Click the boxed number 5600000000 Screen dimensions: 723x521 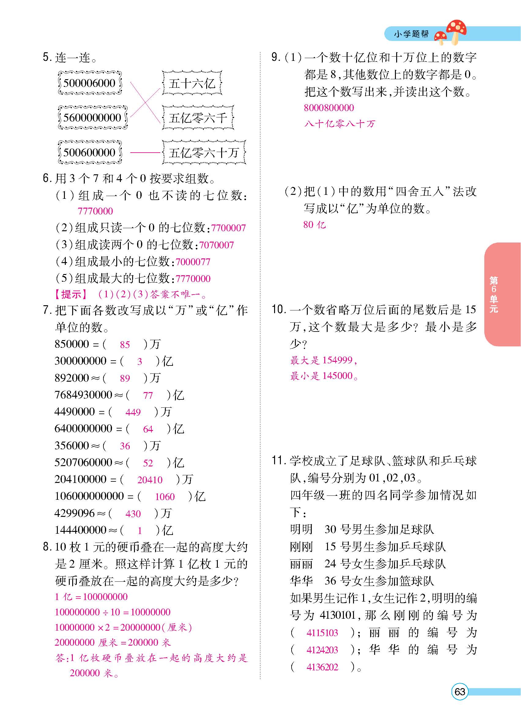(x=92, y=118)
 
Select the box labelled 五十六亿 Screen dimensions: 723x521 (x=192, y=83)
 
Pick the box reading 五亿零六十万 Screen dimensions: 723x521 (x=204, y=152)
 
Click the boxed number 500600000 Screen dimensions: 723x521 (x=89, y=152)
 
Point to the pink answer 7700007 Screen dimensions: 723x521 (x=228, y=228)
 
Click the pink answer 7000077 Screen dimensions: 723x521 (x=193, y=262)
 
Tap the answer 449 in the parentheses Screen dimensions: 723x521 (x=133, y=412)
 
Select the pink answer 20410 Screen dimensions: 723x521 (x=150, y=480)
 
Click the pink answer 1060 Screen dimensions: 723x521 (x=165, y=497)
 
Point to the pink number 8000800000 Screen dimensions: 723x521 (x=329, y=108)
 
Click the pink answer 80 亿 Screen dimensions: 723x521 (x=314, y=225)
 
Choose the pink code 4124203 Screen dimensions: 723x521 (x=322, y=650)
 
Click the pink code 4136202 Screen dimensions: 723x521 (x=322, y=667)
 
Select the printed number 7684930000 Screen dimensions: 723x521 (x=83, y=395)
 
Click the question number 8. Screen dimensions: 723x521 (x=47, y=547)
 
